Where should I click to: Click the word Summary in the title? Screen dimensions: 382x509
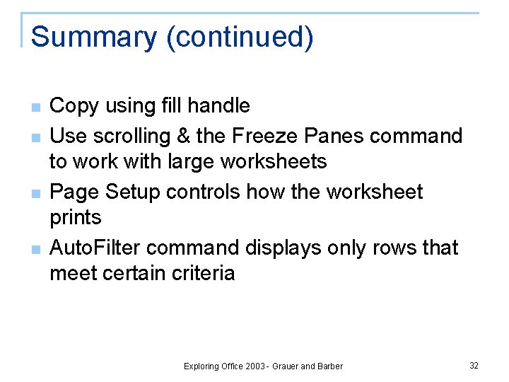[x=93, y=37]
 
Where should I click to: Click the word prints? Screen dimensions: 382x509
[x=76, y=217]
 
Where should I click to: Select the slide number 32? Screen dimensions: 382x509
[x=474, y=366]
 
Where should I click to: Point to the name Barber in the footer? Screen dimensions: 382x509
[x=329, y=366]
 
